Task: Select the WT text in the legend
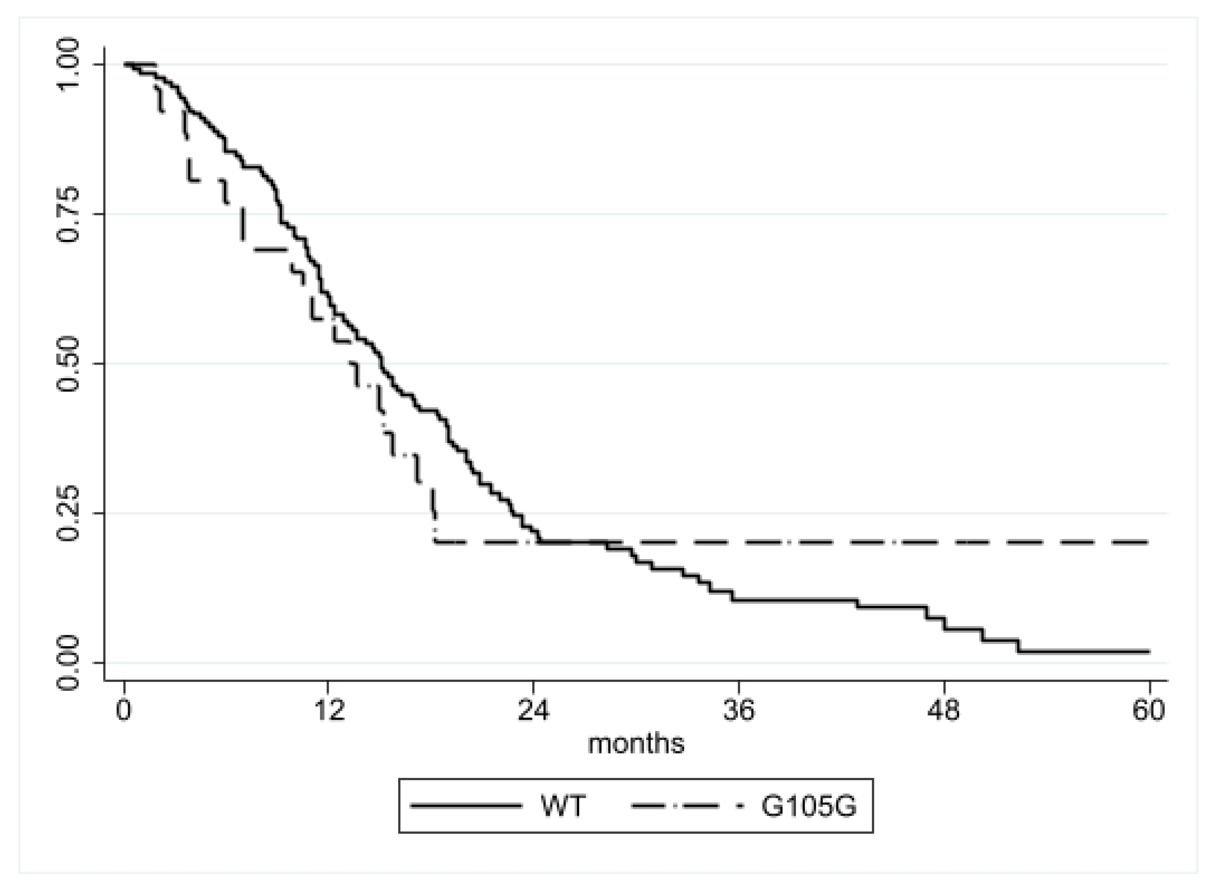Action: click(x=563, y=806)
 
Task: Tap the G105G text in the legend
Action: click(x=809, y=806)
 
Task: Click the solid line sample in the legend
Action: click(x=466, y=806)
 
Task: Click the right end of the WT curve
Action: click(x=1149, y=652)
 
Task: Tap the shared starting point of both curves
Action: click(x=125, y=64)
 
